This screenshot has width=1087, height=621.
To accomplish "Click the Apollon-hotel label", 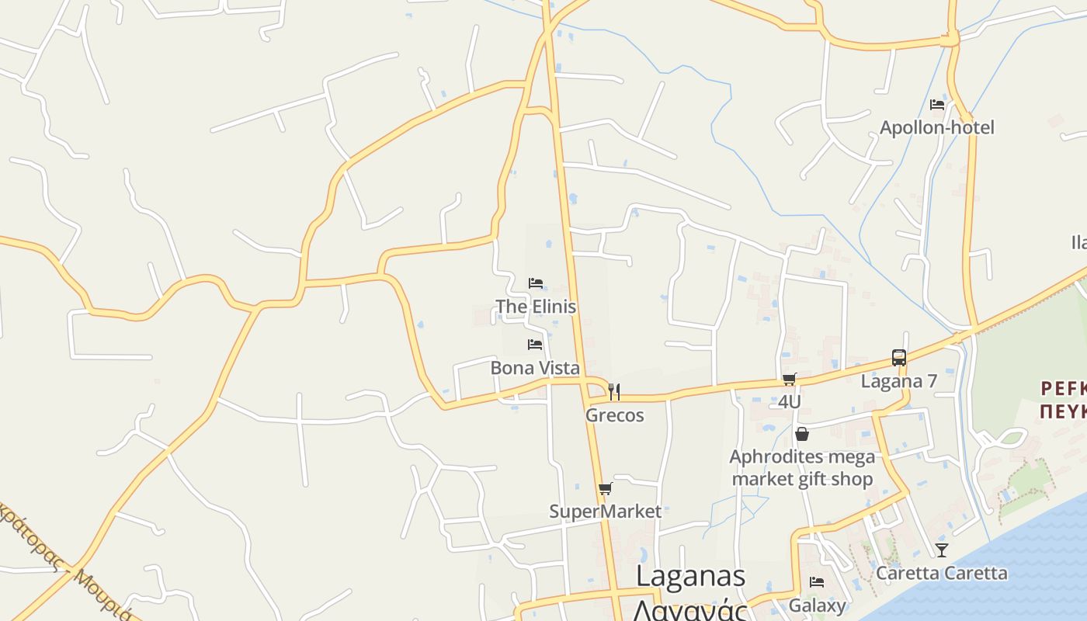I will coord(936,127).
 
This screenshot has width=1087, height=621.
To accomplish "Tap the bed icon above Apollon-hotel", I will coord(937,104).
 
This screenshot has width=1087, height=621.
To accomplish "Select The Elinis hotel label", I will coord(536,307).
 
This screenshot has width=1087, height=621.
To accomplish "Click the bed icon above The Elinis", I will coord(535,283).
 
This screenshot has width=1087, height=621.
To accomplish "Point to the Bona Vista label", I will coord(535,368).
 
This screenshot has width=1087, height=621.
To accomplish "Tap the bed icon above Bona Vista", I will coord(535,344).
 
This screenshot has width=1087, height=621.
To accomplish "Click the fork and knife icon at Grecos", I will coord(614,391).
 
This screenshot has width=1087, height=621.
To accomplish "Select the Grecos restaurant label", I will coord(614,415).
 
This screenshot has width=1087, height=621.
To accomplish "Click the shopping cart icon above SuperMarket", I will coord(606,488).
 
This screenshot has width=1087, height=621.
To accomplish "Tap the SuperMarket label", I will coord(606,512).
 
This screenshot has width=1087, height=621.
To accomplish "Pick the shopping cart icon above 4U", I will coord(790,379).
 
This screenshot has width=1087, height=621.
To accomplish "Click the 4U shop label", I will coord(790,402).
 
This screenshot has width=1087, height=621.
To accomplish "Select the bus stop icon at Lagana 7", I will coord(899,358).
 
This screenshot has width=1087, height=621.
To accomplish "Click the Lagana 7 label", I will coord(899,381).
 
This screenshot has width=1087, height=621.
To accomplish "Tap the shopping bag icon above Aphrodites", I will coord(802,434).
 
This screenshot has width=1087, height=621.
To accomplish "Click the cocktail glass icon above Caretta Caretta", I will coord(942,550).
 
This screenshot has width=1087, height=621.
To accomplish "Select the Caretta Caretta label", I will coord(942,574).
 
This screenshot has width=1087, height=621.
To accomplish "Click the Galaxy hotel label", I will coord(817,605).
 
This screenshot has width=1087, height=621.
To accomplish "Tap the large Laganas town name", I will coord(691,577).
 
